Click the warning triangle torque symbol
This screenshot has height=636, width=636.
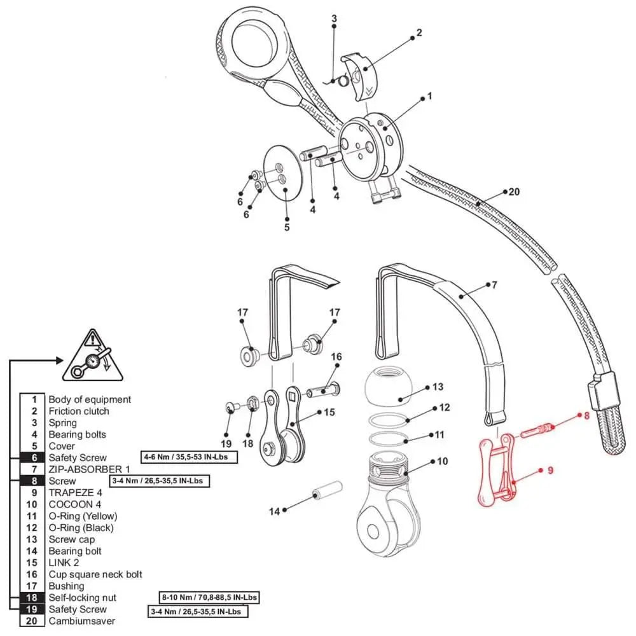coord(95,357)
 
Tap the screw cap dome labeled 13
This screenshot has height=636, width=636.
coord(389,387)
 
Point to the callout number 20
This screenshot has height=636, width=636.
coord(514,191)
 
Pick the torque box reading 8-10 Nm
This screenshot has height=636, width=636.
coord(209,598)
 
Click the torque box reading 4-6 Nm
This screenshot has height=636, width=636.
coord(189,457)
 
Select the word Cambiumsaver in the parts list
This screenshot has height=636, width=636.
coord(81,621)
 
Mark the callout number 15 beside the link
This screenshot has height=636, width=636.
coord(329,412)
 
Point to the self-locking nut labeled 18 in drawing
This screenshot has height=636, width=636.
coord(251,402)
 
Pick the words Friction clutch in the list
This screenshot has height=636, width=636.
coord(78,411)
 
